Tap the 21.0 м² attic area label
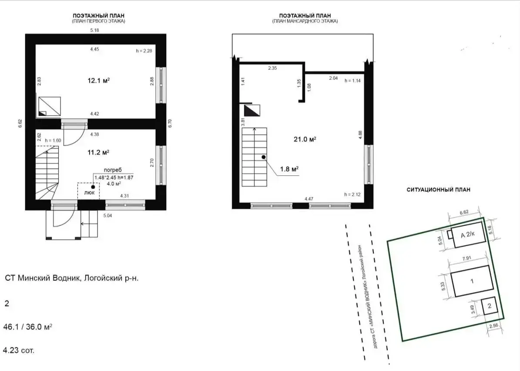304,139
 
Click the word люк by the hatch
89,192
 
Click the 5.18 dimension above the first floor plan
95,30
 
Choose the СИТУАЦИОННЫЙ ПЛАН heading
438,190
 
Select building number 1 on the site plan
472,281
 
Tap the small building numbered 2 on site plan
489,306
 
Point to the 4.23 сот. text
19,350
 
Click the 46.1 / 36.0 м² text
28,326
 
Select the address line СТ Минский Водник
72,278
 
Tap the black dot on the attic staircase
263,157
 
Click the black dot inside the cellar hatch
93,187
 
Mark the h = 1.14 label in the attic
352,81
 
